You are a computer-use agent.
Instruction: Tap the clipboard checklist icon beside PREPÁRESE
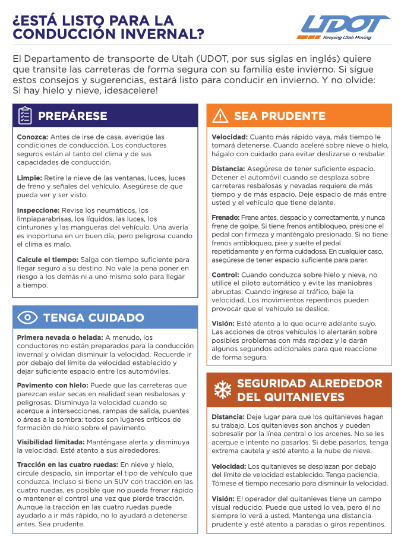point(25,116)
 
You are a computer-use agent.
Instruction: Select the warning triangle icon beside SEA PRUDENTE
point(220,116)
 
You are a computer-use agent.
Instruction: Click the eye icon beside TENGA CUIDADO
point(27,317)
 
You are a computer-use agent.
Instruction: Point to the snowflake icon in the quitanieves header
point(222,389)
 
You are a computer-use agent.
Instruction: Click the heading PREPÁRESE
point(72,116)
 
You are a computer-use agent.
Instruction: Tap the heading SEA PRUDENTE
point(279,116)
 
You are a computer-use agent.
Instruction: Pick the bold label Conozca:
point(32,137)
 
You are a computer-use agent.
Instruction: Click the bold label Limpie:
point(29,178)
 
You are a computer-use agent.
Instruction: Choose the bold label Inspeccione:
point(38,210)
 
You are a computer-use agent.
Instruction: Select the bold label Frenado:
point(226,218)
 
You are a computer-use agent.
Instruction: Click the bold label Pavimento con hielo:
point(52,386)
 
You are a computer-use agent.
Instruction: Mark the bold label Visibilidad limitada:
point(50,442)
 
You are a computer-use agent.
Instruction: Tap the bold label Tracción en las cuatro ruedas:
point(67,465)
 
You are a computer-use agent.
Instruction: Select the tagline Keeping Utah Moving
point(347,37)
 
